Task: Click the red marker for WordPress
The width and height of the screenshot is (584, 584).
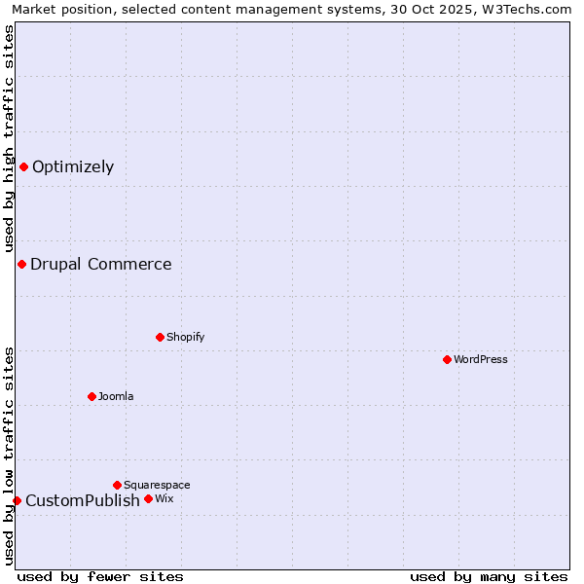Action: click(447, 359)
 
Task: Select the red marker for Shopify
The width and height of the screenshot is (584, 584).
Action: click(160, 337)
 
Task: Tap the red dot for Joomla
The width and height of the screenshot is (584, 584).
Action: click(91, 396)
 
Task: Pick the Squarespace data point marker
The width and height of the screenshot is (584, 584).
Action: click(117, 485)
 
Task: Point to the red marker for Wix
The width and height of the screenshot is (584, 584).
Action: click(148, 498)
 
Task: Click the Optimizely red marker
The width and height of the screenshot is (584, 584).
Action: click(23, 166)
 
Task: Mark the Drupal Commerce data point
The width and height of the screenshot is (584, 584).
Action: click(21, 264)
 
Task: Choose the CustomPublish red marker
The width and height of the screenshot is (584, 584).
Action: click(17, 500)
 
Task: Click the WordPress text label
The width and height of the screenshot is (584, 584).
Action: click(481, 359)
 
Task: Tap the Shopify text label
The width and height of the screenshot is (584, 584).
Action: click(185, 337)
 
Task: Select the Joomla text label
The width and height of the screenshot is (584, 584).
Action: click(116, 396)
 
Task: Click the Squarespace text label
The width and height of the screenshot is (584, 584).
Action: click(157, 485)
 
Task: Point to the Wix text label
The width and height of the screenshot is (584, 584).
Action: click(164, 498)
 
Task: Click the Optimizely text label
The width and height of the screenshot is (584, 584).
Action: click(73, 166)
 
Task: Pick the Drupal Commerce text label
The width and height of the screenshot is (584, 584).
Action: click(101, 264)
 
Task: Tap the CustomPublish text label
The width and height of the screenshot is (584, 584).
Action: click(83, 500)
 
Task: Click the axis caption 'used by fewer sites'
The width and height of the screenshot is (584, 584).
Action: click(100, 576)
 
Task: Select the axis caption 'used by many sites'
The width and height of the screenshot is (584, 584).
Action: click(489, 576)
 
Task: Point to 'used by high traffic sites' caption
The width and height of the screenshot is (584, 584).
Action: click(9, 138)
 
